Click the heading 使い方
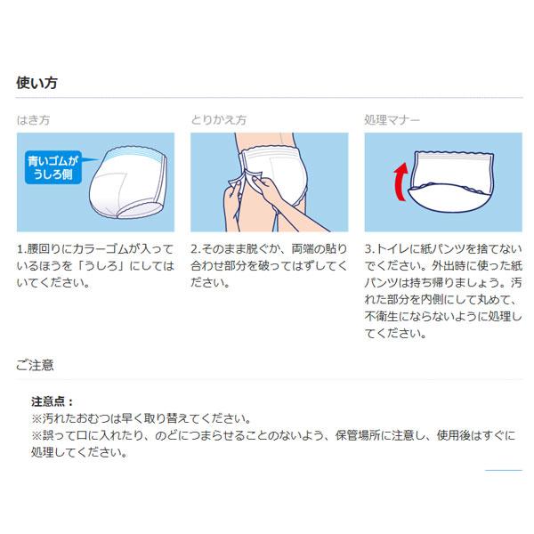tap(38, 83)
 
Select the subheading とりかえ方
tap(219, 118)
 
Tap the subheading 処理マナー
tap(392, 118)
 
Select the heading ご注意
tap(36, 365)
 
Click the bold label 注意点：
tap(53, 401)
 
